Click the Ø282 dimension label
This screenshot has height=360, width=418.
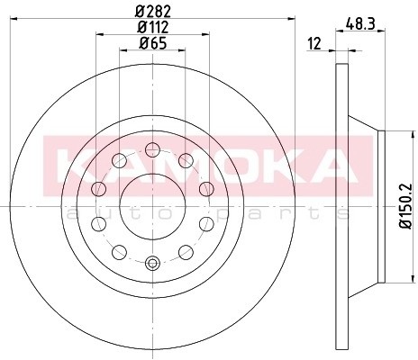[x=153, y=12]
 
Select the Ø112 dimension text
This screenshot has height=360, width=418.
[x=153, y=27]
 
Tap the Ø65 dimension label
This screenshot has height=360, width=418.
[x=153, y=43]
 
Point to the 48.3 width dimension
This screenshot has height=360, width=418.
[x=360, y=23]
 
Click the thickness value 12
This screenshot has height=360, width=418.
[x=314, y=44]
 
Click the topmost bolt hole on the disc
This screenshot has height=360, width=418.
[x=152, y=149]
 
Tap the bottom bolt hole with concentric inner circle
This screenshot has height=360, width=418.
[x=152, y=263]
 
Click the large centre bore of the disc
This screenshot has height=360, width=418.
[x=152, y=206]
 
